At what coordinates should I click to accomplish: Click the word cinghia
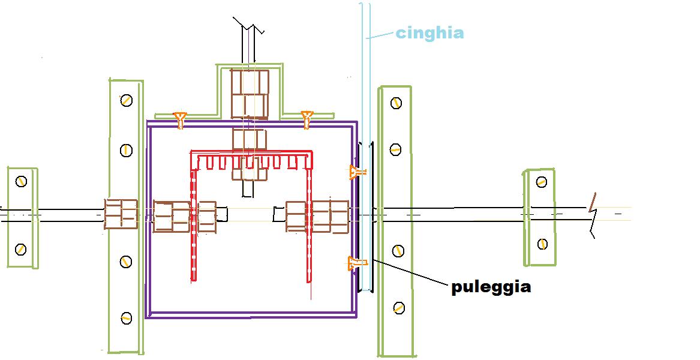(429, 32)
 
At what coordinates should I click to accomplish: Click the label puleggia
(491, 287)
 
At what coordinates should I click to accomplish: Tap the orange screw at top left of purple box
(179, 119)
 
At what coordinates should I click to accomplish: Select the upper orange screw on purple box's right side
(357, 173)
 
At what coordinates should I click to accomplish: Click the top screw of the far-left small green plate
(22, 181)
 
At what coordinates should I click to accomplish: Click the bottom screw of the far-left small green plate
(21, 248)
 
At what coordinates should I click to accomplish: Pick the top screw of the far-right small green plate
(542, 182)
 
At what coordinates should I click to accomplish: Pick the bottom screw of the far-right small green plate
(542, 244)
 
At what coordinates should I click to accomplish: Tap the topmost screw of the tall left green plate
(126, 100)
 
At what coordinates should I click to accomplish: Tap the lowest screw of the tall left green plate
(126, 318)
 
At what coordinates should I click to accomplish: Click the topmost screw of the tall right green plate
(396, 103)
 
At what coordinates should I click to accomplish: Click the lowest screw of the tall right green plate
(398, 308)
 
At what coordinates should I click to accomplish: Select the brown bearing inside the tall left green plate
(121, 214)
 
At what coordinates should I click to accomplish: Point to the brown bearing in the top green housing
(249, 94)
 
